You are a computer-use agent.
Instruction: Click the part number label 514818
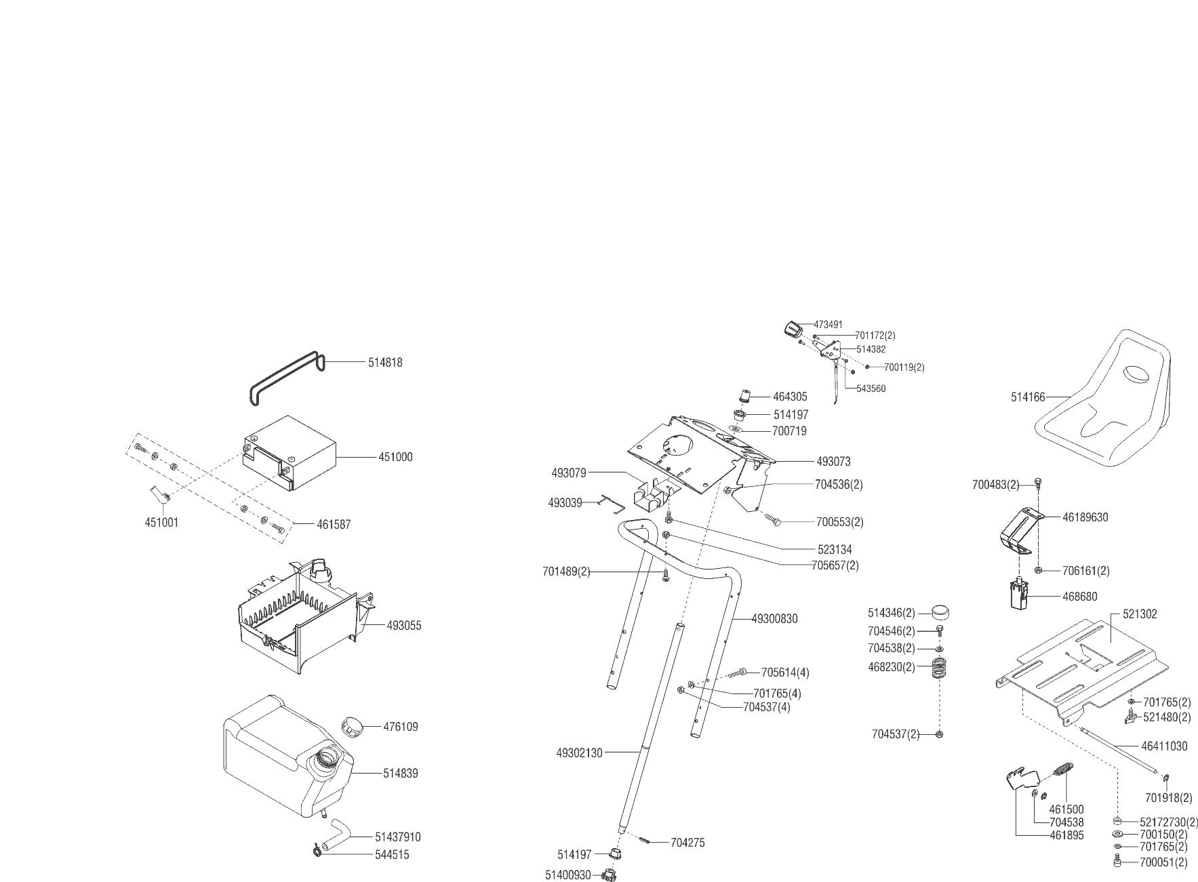385,363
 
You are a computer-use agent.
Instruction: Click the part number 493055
404,626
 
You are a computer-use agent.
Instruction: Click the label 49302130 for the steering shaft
579,753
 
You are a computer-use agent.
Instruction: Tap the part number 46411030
1164,746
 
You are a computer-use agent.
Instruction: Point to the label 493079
568,473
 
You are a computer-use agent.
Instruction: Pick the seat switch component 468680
1014,595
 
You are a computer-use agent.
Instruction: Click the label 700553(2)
839,522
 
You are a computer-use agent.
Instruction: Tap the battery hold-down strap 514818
285,380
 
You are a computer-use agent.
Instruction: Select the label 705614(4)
785,673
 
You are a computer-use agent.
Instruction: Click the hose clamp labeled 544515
317,851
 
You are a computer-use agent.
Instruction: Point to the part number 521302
1140,614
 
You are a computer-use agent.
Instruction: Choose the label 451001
162,523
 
